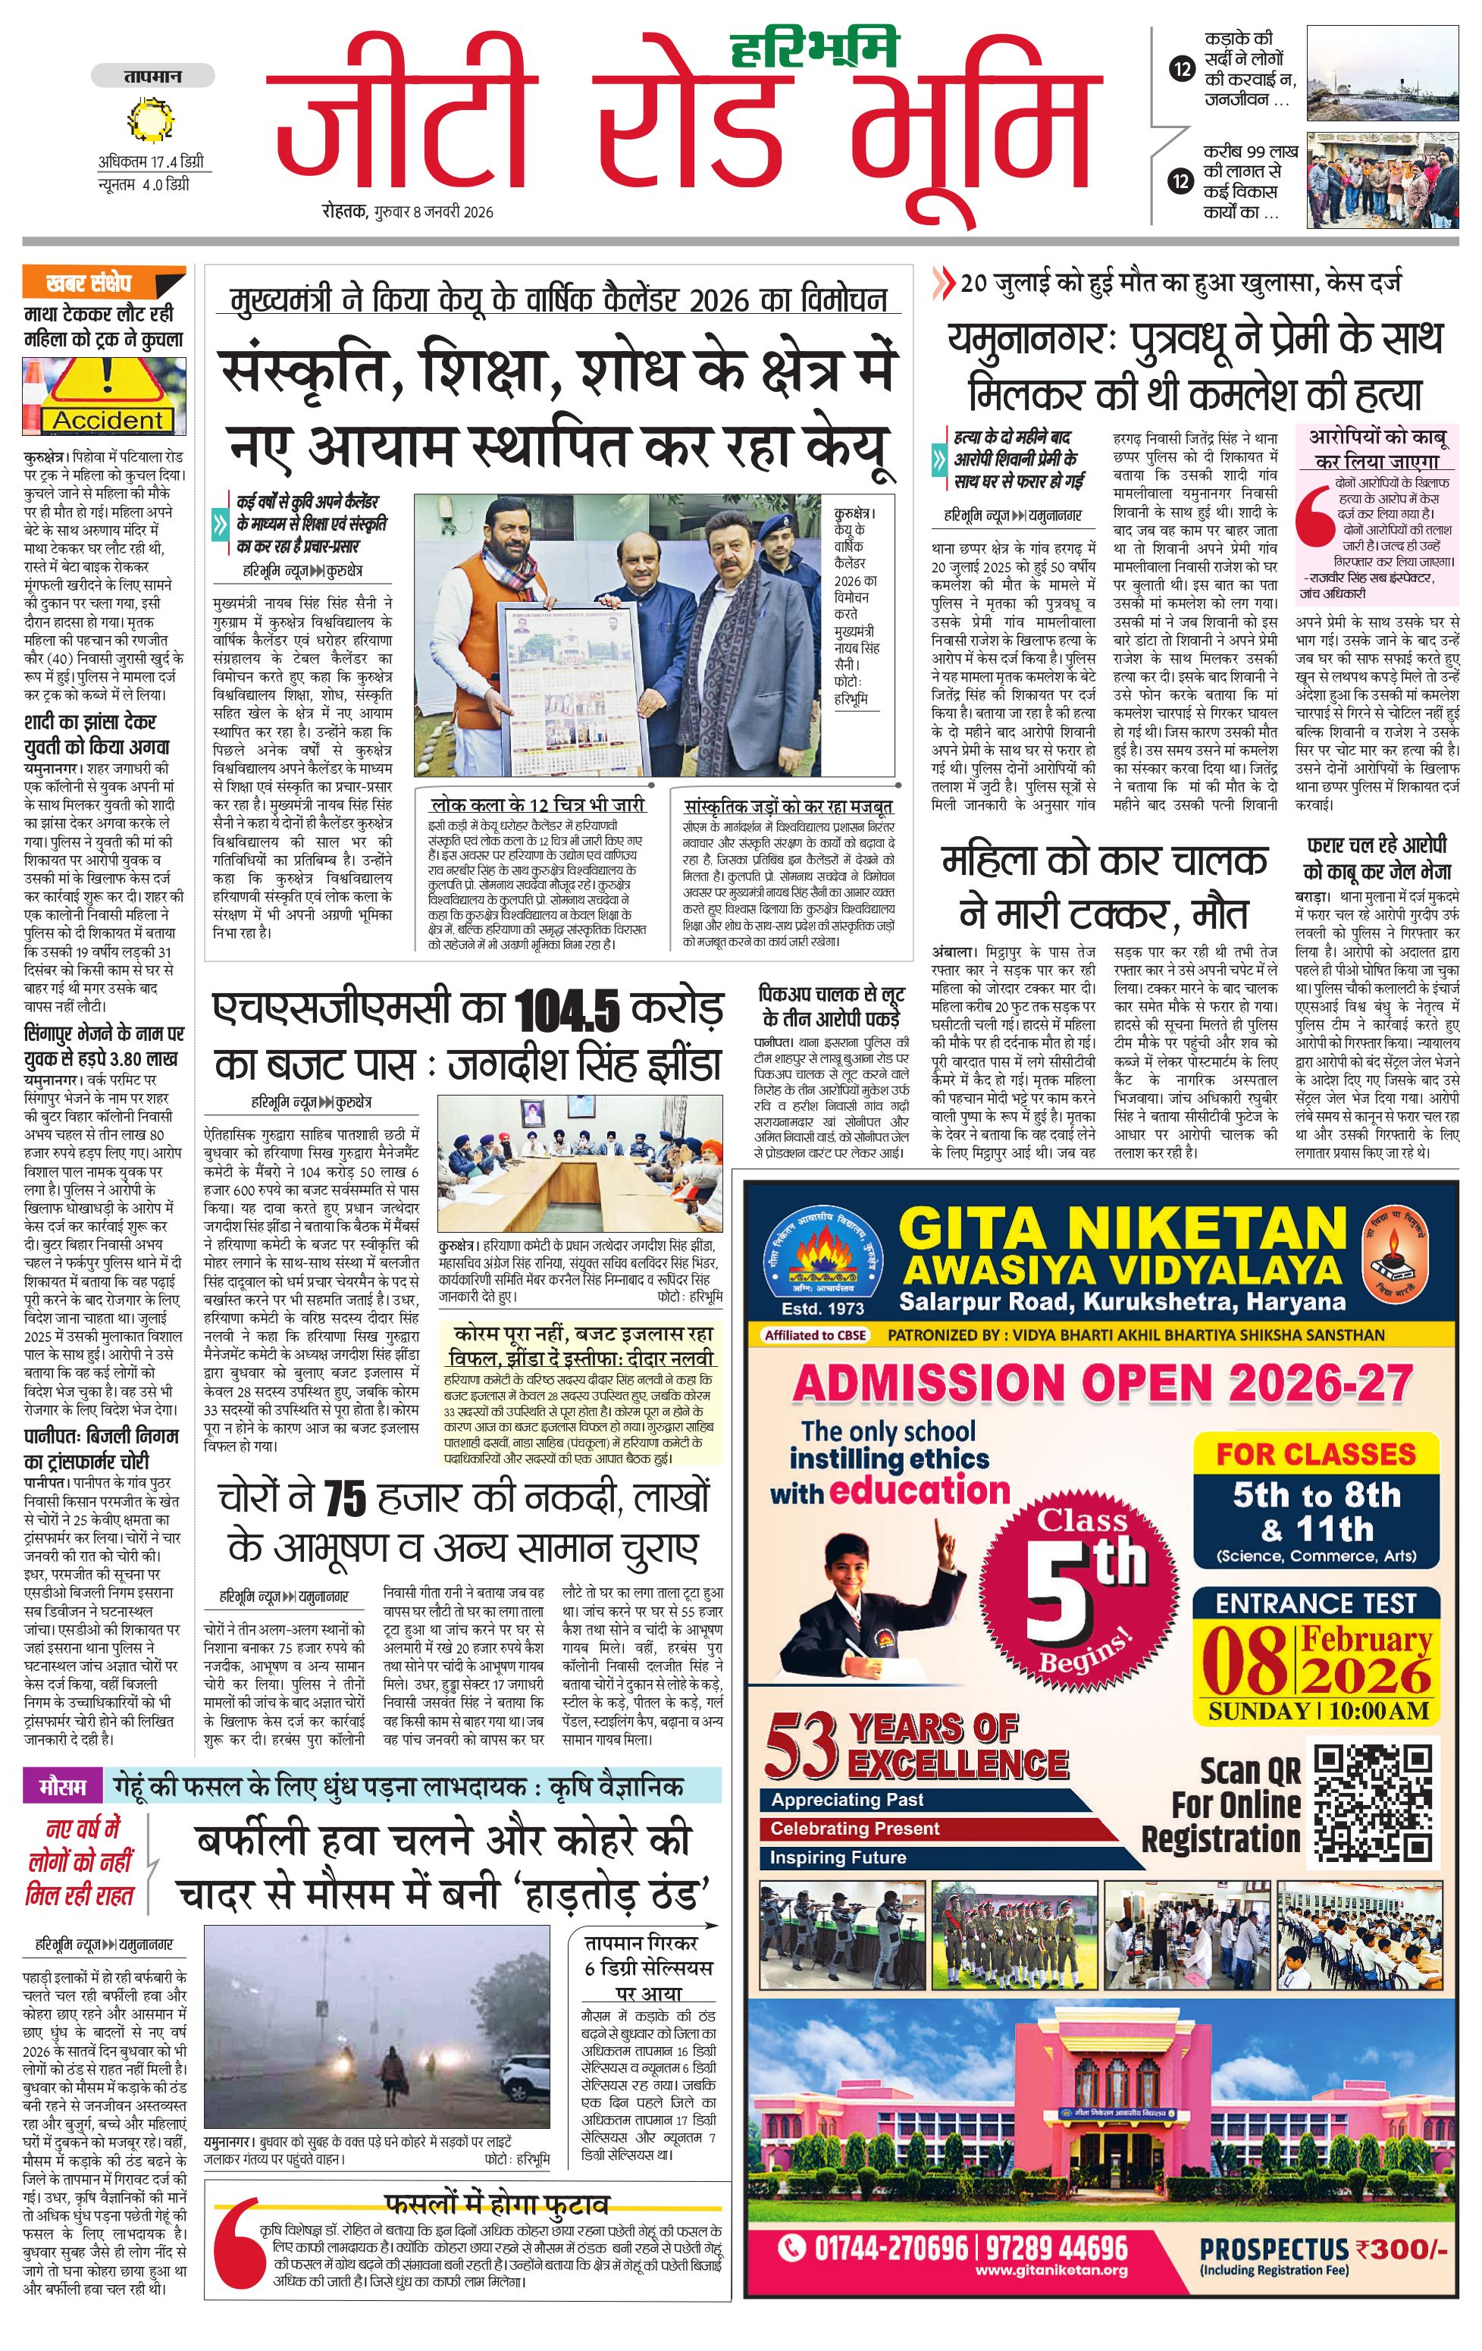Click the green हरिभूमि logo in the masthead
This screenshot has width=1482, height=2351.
[x=814, y=47]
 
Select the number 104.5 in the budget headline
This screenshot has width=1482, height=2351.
[x=566, y=1011]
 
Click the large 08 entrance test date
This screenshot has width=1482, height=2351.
[x=1244, y=1659]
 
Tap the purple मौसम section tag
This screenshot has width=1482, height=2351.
[x=61, y=1788]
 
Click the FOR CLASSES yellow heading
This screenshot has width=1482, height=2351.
[x=1315, y=1454]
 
